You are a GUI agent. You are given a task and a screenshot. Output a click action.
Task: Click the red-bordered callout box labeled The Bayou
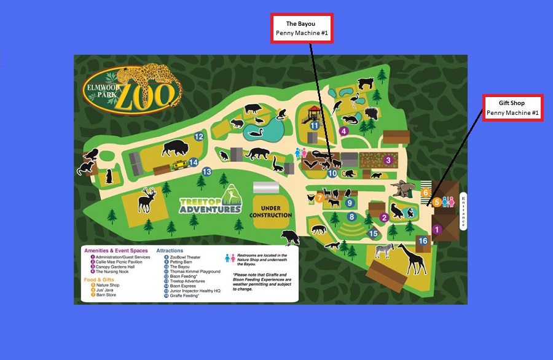302,28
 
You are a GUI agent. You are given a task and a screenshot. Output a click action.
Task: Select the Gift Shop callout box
512,108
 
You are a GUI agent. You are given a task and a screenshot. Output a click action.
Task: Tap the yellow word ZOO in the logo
144,96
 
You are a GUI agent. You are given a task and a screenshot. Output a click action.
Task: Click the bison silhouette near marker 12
176,148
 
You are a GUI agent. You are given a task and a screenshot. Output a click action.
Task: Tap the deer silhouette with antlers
147,200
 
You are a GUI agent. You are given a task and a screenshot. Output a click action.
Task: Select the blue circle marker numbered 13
207,171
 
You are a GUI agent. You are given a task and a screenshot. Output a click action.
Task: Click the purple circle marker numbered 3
388,160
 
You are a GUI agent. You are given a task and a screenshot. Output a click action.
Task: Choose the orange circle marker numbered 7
320,198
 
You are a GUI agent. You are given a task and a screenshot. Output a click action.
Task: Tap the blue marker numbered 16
423,241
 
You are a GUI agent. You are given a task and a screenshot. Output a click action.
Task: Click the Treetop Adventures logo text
210,205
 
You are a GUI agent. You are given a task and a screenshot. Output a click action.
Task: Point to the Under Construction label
270,211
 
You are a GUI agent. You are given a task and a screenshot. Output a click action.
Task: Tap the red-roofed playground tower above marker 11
314,112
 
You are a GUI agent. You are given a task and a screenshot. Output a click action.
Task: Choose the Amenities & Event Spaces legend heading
116,251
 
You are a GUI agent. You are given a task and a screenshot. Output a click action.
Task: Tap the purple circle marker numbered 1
437,230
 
